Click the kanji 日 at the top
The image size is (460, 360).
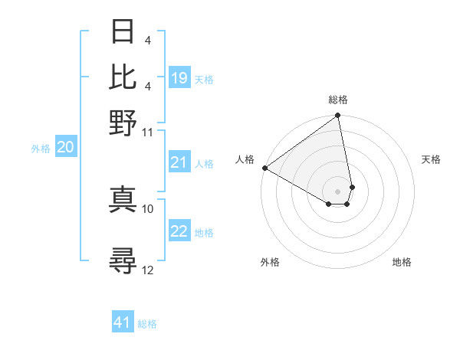[x=123, y=32]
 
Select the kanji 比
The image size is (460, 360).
[x=123, y=77]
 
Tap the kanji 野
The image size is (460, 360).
[x=123, y=122]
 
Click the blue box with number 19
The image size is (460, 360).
[x=179, y=77]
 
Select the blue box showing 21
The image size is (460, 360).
[x=179, y=162]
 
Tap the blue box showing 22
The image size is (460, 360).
[x=179, y=232]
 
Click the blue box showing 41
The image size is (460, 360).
[x=123, y=322]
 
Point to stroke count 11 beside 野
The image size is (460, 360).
[x=148, y=132]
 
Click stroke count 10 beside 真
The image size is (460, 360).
[x=148, y=208]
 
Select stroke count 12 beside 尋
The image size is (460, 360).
[x=148, y=270]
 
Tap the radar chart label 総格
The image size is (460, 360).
[x=338, y=100]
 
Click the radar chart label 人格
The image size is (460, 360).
[x=245, y=159]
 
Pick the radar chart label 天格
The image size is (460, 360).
[x=431, y=159]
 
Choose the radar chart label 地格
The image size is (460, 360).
[x=402, y=262]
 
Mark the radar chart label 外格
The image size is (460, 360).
[x=270, y=262]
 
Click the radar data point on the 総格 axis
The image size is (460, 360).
[x=338, y=116]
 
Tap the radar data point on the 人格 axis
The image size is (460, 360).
[x=264, y=168]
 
